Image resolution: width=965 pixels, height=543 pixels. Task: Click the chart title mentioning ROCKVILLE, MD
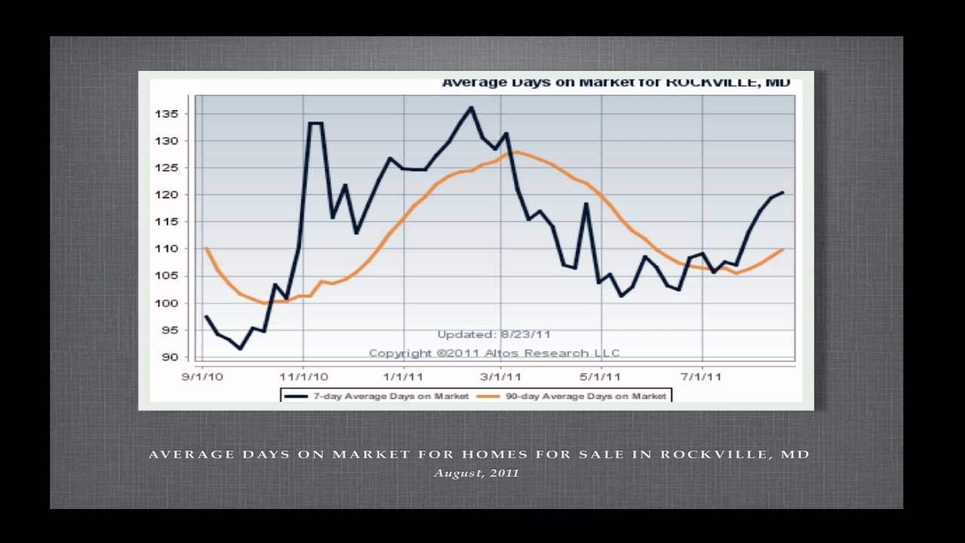pyautogui.click(x=615, y=82)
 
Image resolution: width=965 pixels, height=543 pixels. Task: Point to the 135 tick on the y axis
pyautogui.click(x=168, y=114)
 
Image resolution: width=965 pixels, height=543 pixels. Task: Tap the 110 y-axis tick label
pyautogui.click(x=168, y=249)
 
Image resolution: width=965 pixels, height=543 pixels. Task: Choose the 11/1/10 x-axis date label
pyautogui.click(x=303, y=374)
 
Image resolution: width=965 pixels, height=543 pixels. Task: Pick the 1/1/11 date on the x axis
pyautogui.click(x=403, y=374)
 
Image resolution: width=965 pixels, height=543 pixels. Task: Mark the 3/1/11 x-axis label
pyautogui.click(x=502, y=374)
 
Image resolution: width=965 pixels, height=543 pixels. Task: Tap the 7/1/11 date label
pyautogui.click(x=702, y=374)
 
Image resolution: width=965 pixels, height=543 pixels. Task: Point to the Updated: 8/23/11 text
pyautogui.click(x=489, y=334)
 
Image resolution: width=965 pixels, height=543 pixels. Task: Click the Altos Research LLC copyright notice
pyautogui.click(x=494, y=353)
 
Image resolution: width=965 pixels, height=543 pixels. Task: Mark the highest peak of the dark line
pyautogui.click(x=471, y=107)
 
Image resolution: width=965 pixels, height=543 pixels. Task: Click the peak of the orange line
pyautogui.click(x=516, y=152)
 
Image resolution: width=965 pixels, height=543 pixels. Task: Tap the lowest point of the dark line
pyautogui.click(x=240, y=348)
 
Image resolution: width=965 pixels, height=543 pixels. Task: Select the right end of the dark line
pyautogui.click(x=783, y=192)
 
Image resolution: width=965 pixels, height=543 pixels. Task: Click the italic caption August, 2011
pyautogui.click(x=476, y=474)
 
